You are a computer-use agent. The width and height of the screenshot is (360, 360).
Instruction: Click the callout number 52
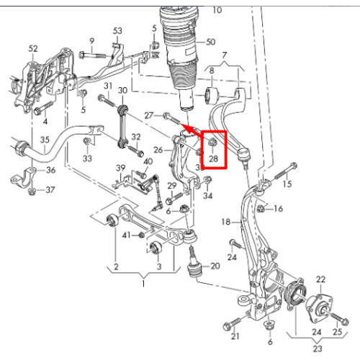point(33,49)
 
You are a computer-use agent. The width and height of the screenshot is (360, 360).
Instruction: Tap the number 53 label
point(117,31)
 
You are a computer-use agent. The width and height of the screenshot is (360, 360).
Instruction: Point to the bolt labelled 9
point(92,55)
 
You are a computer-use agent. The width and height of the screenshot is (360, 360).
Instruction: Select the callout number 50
point(211,42)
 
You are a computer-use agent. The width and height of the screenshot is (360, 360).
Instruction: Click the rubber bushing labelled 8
point(211,96)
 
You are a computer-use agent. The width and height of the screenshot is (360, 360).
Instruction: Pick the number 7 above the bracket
point(224,55)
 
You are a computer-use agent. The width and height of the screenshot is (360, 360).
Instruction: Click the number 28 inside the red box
point(213,158)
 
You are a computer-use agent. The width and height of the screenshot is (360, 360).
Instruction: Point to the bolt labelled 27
point(171,119)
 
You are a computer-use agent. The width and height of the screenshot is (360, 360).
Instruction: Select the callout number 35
point(45,140)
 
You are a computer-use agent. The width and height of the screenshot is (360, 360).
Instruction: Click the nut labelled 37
point(32,192)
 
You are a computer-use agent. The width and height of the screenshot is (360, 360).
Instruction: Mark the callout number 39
point(121,168)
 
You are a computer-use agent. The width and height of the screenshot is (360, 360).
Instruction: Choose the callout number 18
point(226,222)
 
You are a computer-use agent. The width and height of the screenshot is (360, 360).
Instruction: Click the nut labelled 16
point(261,208)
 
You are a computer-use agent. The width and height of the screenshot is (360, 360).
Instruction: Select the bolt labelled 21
point(232,323)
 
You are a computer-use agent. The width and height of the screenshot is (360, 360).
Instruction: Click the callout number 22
point(321,279)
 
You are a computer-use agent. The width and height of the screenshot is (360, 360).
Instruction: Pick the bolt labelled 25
point(339,317)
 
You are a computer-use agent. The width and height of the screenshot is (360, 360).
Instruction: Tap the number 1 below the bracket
point(143,284)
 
